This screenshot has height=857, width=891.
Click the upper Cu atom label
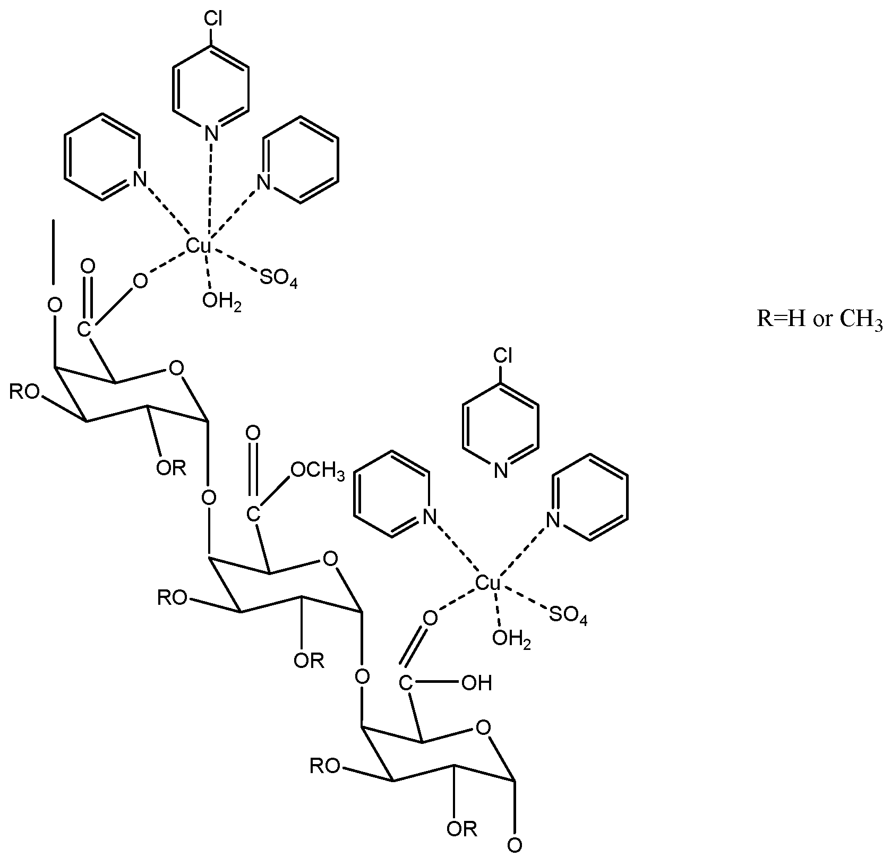point(199,246)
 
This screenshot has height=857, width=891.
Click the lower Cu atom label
point(487,583)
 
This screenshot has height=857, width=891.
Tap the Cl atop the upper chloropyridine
point(212,20)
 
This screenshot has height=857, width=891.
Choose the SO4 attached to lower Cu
point(568,615)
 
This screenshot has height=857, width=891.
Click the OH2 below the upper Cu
point(221,301)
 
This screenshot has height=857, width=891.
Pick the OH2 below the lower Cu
point(511,638)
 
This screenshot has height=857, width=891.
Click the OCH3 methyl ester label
point(317,471)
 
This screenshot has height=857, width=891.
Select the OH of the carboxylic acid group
point(477,683)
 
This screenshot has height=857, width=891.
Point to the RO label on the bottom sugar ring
point(325,767)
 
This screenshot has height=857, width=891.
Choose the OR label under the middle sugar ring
point(309,661)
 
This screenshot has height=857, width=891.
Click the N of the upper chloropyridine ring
point(212,130)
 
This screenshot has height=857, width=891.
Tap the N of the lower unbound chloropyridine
point(501,470)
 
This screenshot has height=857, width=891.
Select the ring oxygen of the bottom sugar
point(483,726)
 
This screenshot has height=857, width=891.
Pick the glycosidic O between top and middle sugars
point(209,498)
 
